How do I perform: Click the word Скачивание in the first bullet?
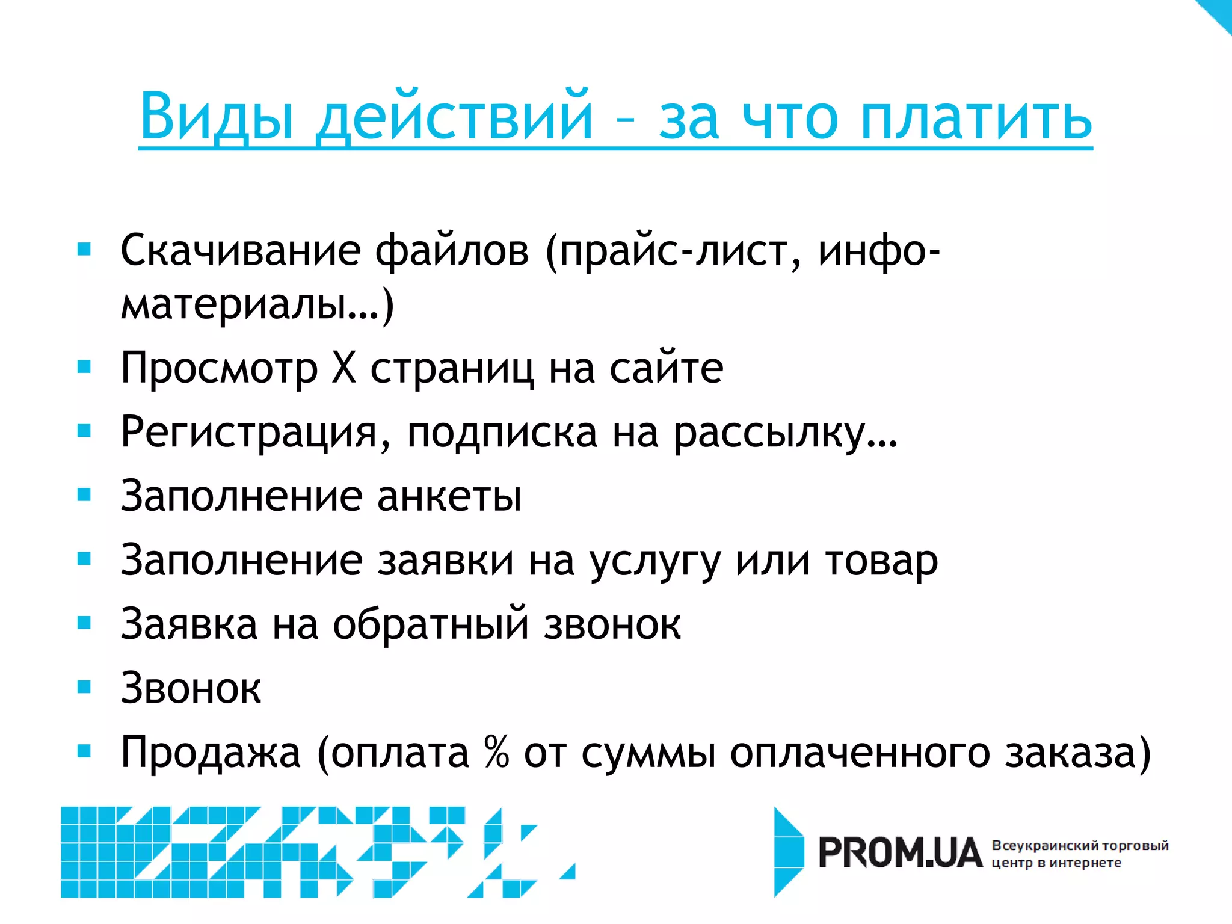[x=241, y=250]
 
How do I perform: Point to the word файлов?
[x=452, y=250]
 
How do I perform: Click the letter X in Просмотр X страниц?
[x=344, y=368]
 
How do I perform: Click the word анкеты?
[x=449, y=496]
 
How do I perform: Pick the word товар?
[x=881, y=561]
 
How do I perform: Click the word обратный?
[x=431, y=624]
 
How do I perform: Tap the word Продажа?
[x=211, y=752]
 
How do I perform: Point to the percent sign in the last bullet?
[x=497, y=752]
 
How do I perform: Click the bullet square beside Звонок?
[x=84, y=686]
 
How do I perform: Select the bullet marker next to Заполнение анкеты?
[x=84, y=494]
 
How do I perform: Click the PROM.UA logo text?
[x=899, y=853]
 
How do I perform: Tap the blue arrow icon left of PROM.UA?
[x=788, y=852]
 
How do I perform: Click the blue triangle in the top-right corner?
[x=1219, y=12]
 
